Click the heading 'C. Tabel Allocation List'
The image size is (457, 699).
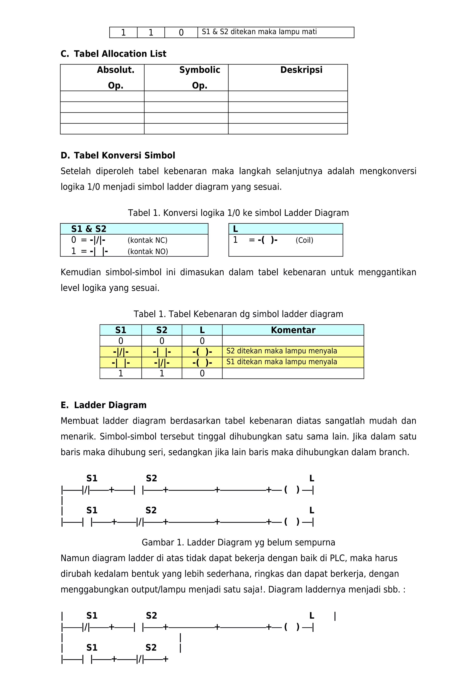pyautogui.click(x=113, y=54)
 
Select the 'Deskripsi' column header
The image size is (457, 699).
pyautogui.click(x=301, y=70)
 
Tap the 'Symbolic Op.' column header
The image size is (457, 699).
pyautogui.click(x=199, y=77)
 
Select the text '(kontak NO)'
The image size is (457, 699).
pyautogui.click(x=147, y=251)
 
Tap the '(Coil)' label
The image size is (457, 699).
pyautogui.click(x=304, y=240)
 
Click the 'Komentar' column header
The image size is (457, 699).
pyautogui.click(x=293, y=330)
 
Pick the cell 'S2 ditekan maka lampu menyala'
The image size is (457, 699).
pyautogui.click(x=281, y=351)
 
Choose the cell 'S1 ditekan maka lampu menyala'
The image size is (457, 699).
pyautogui.click(x=281, y=362)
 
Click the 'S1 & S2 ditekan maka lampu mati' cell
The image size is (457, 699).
pyautogui.click(x=259, y=32)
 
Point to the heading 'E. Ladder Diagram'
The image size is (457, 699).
pyautogui.click(x=103, y=405)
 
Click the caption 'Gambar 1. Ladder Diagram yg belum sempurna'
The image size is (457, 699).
pyautogui.click(x=238, y=542)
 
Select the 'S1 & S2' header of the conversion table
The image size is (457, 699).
pyautogui.click(x=89, y=229)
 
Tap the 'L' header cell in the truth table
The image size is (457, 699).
pyautogui.click(x=202, y=330)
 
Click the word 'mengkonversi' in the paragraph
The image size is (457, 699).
pyautogui.click(x=388, y=171)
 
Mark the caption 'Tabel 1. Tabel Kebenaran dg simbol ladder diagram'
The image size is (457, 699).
pyautogui.click(x=238, y=314)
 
